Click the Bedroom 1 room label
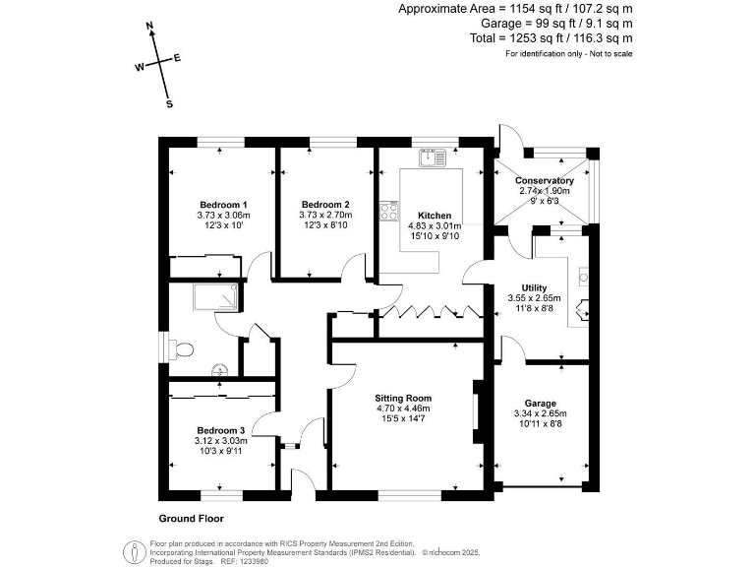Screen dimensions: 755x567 point(223,205)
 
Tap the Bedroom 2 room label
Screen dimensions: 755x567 point(325,205)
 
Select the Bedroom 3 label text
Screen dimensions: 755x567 point(221,430)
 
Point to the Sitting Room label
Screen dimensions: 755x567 point(403,399)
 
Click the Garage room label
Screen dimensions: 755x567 point(541,404)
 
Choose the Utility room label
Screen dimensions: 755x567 point(534,287)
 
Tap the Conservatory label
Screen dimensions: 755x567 point(544,180)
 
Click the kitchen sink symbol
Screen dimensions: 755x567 point(433,157)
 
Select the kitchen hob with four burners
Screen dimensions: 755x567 point(389,211)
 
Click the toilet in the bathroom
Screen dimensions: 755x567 point(181,348)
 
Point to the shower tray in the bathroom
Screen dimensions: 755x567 point(215,296)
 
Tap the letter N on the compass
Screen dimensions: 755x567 point(149,26)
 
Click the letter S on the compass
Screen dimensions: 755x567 point(169,103)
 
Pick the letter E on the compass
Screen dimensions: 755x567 point(177,58)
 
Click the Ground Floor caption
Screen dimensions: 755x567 point(191,519)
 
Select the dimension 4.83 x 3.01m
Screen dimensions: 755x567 point(435,225)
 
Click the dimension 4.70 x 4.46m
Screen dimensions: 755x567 point(403,409)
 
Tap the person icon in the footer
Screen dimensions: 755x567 point(135,552)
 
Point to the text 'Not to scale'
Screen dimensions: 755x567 point(611,53)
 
